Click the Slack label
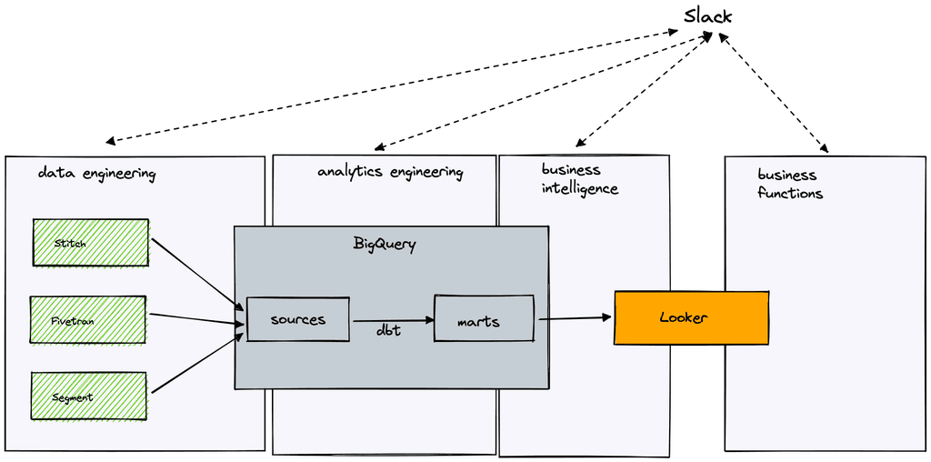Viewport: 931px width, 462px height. point(707,17)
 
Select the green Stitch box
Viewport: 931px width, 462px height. point(90,242)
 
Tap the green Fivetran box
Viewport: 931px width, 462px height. point(87,319)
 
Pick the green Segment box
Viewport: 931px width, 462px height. point(88,397)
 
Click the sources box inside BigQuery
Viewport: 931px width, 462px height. point(297,319)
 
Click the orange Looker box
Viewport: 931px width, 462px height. point(691,317)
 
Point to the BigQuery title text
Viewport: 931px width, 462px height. point(384,244)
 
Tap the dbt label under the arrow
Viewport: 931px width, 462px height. point(389,331)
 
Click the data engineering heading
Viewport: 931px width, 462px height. point(96,174)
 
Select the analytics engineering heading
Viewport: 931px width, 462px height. point(390,172)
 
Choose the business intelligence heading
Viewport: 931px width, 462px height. point(579,179)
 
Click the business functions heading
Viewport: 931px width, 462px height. point(789,184)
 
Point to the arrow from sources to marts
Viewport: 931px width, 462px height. point(392,320)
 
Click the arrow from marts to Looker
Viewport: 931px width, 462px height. point(576,318)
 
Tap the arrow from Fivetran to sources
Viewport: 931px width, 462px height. point(195,319)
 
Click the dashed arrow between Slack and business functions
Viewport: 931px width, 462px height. point(773,91)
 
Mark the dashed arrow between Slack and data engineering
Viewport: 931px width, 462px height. point(391,86)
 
